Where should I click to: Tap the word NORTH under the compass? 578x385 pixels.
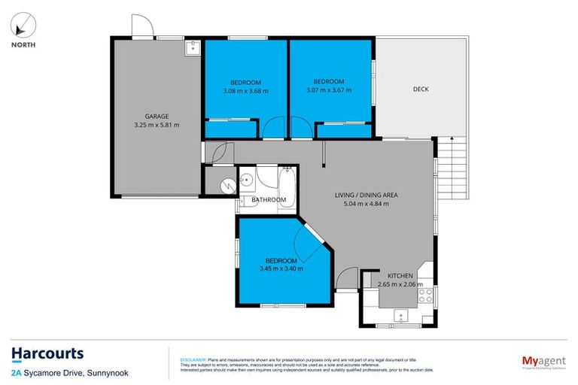coord(22,44)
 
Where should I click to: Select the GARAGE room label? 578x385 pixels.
coord(157,117)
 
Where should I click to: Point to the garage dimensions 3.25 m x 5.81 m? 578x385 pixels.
coord(157,126)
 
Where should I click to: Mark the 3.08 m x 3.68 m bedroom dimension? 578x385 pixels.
coord(245,91)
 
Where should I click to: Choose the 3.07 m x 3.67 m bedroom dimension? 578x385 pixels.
coord(329,91)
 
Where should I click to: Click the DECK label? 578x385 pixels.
coord(421,89)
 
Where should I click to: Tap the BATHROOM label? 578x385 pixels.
coord(269,200)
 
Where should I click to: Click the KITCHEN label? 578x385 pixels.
coord(400,276)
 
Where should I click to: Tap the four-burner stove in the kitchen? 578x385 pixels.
coord(425,294)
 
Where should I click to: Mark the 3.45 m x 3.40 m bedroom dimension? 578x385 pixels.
coord(281,269)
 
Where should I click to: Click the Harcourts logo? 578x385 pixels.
coord(47,353)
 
